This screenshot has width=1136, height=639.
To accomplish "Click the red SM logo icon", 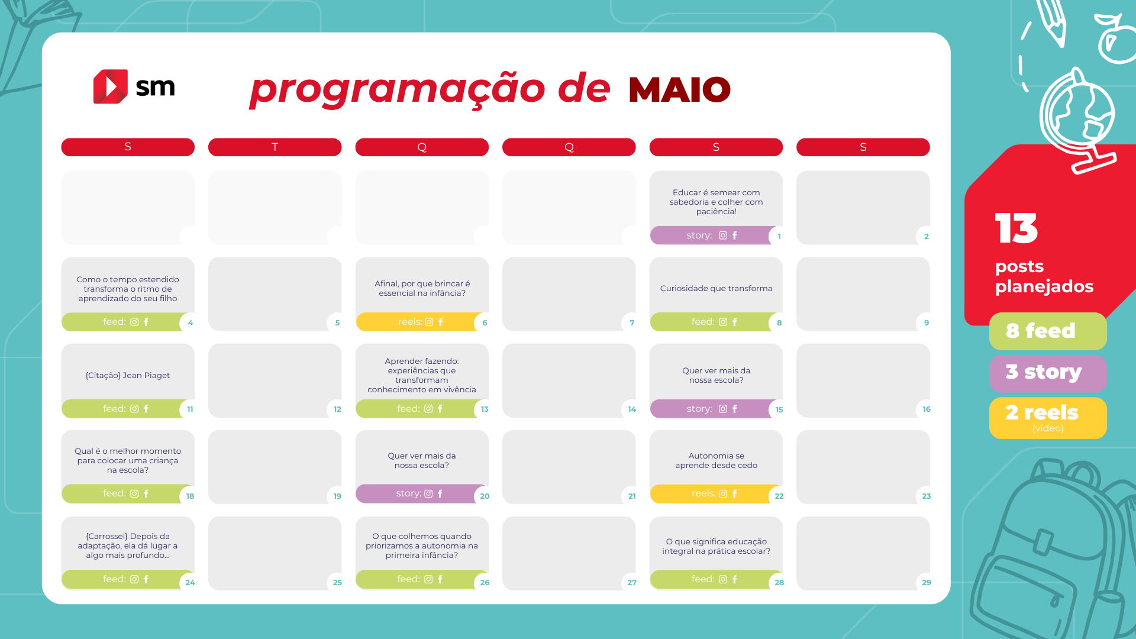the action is coord(111,87).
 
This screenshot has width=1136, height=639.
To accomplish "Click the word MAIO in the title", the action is coord(679,89).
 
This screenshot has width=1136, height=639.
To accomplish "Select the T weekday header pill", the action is coord(275,147).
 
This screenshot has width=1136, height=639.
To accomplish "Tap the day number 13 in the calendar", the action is coord(485,409).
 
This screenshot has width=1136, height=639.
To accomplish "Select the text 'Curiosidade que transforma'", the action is coord(716,288).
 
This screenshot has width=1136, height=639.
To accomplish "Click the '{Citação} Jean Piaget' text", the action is coord(128,375).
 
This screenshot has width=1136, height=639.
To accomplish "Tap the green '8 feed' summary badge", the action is coord(1048,331).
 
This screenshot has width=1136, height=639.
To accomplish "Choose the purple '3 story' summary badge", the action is coord(1048,373).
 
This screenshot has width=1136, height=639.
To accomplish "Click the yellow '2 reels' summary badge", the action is coord(1048,418).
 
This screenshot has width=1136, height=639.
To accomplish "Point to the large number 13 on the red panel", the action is coord(1016,228).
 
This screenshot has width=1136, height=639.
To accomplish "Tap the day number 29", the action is coord(927,583).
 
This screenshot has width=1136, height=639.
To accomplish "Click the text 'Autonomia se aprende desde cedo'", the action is coord(716,460).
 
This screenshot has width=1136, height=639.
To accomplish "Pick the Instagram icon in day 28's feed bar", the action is coord(723,579).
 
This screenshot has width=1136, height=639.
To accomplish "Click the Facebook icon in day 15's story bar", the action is coord(735,409).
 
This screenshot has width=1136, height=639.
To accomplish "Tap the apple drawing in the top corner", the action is coord(1116,38).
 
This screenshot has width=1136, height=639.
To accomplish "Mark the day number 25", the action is coord(337,583).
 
